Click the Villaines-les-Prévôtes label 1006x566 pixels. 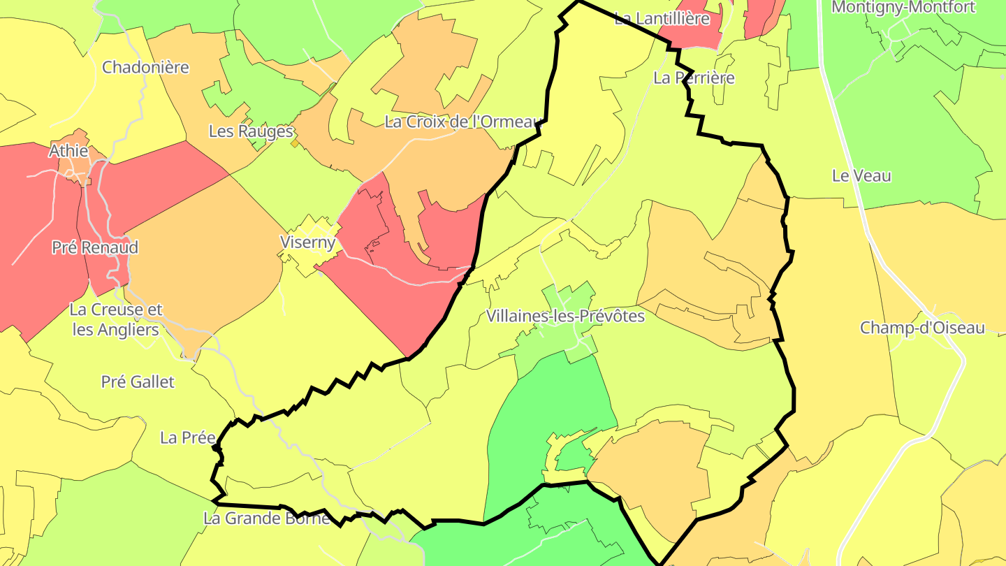tap(565, 317)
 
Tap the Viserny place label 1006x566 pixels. tap(308, 242)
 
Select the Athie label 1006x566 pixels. tap(68, 151)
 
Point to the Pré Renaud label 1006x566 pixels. tap(95, 247)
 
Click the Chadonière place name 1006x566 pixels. tap(145, 68)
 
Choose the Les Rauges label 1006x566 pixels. tap(251, 131)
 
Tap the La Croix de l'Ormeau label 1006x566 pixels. tap(463, 122)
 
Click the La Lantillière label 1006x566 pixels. tap(662, 19)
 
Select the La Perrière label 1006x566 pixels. tap(694, 78)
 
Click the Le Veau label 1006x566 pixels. tap(861, 176)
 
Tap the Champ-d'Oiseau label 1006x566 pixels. tap(921, 328)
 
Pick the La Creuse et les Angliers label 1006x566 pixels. tap(116, 319)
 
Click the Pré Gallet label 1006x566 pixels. tap(138, 382)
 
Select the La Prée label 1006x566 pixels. tap(187, 438)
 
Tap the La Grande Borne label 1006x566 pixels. tap(266, 518)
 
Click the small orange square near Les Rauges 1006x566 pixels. tap(295, 143)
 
